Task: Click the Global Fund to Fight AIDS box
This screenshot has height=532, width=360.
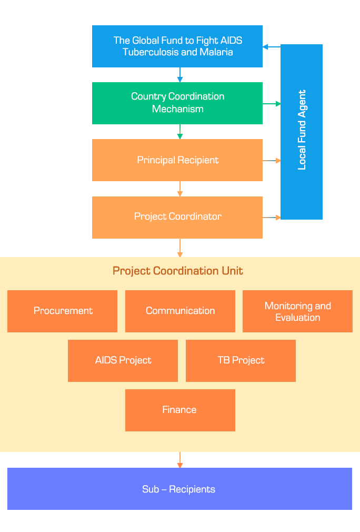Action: [x=177, y=46]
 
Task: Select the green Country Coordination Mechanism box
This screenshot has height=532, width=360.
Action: [x=177, y=103]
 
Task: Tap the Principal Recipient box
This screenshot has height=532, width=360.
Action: [x=177, y=160]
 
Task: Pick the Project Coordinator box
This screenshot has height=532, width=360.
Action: [x=177, y=217]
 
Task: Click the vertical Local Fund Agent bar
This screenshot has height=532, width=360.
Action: [x=302, y=132]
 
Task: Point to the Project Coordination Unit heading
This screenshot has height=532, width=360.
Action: [x=178, y=271]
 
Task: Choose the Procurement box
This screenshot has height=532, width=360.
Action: [x=63, y=311]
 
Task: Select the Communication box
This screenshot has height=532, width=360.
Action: [x=180, y=311]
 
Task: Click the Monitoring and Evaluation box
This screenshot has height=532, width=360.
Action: [x=297, y=311]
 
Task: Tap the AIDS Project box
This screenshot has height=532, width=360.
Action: [x=123, y=360]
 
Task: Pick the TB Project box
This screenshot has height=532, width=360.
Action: [x=241, y=360]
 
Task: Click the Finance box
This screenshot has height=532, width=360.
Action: [x=180, y=410]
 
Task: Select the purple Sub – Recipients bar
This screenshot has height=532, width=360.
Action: [x=179, y=489]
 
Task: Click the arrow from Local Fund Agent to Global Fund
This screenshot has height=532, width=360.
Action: [x=272, y=47]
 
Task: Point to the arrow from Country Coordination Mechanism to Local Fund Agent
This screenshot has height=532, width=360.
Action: [x=272, y=104]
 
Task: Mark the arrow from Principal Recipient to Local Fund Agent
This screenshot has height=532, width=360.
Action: [x=272, y=160]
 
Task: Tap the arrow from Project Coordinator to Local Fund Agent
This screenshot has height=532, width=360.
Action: [x=272, y=217]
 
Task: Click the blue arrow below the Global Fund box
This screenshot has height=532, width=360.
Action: [x=180, y=75]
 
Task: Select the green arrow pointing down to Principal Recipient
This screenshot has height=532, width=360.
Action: [x=180, y=132]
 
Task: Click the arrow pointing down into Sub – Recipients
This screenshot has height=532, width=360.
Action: [x=180, y=460]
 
